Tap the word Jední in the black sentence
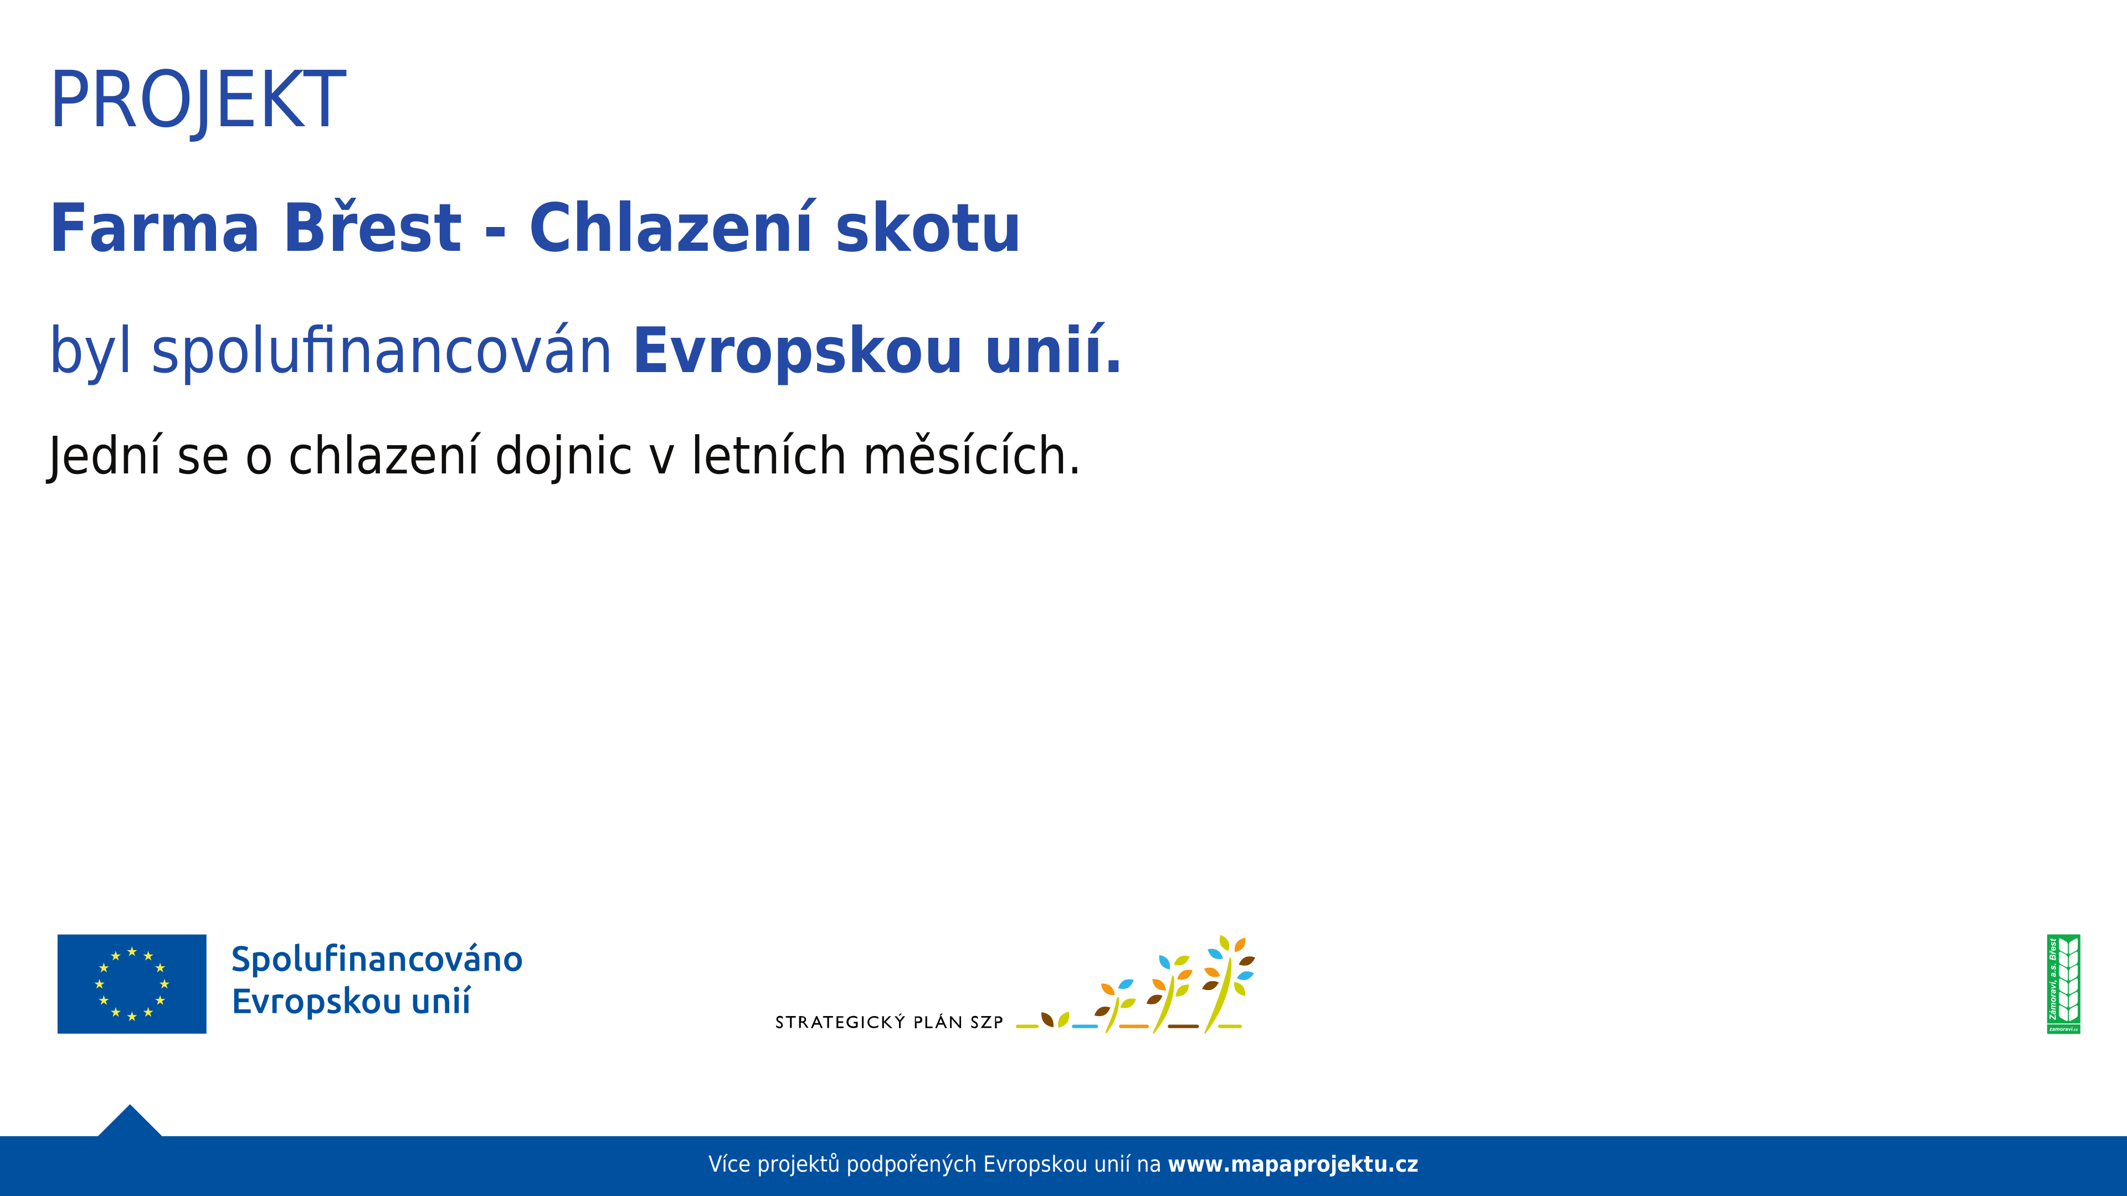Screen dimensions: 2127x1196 pos(103,456)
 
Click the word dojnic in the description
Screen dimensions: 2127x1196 pos(564,456)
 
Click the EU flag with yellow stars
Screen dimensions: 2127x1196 pos(132,984)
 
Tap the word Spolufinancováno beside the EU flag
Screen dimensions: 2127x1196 pos(377,959)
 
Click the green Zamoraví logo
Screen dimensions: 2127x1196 pos(2063,984)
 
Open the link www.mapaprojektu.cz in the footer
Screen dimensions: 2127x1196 pos(1293,1164)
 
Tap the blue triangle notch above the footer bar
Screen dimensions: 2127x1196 pos(130,1121)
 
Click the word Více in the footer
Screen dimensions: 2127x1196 pos(729,1164)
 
